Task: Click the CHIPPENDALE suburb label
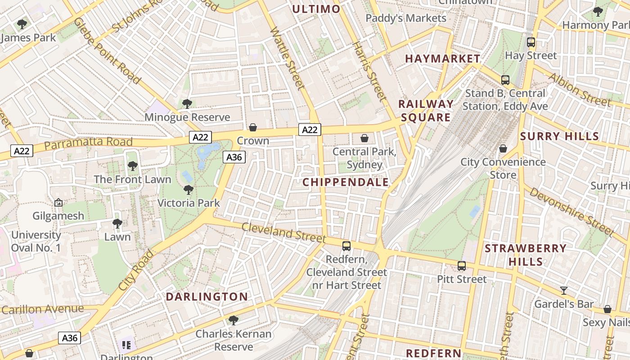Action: pos(346,182)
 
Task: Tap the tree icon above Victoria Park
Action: pos(189,190)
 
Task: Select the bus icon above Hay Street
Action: pos(531,42)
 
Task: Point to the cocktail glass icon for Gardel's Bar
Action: pos(563,291)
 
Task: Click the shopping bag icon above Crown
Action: pos(253,128)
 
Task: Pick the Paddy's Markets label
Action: pos(406,18)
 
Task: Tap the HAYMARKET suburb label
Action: pos(443,58)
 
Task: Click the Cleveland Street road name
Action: pos(283,231)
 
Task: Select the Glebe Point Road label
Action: pos(107,50)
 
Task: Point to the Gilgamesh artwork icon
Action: pos(58,203)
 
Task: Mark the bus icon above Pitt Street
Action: pos(462,266)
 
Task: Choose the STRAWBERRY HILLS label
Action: pos(526,255)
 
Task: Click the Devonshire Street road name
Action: pos(571,211)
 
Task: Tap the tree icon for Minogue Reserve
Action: pos(187,104)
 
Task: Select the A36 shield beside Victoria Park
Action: pos(234,157)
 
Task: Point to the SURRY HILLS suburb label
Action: pos(559,136)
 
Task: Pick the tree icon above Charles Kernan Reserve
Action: pos(233,320)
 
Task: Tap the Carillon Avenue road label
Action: pos(42,310)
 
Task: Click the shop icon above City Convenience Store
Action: pos(503,148)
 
